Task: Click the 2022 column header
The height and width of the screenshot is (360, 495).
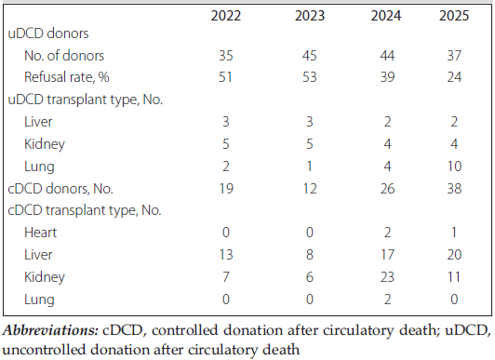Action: coord(226,16)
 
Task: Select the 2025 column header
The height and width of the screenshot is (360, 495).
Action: coord(454,16)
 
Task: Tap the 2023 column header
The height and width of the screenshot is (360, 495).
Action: coord(310,16)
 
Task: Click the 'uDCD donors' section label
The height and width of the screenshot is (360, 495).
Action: coord(48,33)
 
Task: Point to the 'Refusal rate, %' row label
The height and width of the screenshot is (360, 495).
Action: coord(67,77)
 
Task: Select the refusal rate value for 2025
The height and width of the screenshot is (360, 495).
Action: coord(454,77)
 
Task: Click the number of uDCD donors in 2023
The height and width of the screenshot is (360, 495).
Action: coord(309,56)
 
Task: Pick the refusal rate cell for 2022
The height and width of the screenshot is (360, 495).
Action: coord(225,77)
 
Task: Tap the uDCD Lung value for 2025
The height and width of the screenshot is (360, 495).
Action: coord(454,166)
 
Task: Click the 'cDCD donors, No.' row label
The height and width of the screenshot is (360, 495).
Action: coord(60,189)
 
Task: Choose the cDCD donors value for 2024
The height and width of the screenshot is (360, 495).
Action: coord(387,189)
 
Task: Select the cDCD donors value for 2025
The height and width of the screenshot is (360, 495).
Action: coord(454,189)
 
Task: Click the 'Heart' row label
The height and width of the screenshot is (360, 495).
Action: coord(40,233)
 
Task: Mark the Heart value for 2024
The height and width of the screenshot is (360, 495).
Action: coord(387,233)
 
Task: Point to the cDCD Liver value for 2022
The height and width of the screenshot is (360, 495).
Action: coord(226,255)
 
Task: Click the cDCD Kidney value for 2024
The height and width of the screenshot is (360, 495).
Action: coord(387,277)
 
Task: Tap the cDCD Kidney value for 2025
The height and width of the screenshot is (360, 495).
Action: coord(454,277)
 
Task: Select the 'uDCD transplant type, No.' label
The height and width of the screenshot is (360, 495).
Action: coord(86,100)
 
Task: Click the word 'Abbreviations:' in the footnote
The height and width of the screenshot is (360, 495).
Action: coord(50,330)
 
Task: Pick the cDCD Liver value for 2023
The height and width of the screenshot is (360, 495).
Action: coord(309,255)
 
